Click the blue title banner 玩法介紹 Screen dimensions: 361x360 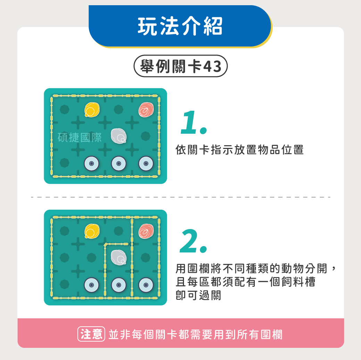point(180,26)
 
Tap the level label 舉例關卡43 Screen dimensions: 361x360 point(180,66)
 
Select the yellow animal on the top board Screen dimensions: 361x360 point(92,110)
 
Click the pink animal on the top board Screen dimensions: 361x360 point(146,110)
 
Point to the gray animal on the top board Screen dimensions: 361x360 point(119,136)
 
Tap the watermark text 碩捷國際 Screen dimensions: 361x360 point(79,137)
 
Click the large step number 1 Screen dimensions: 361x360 point(193,123)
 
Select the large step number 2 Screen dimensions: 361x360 point(193,241)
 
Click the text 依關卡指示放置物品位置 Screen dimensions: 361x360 point(240,150)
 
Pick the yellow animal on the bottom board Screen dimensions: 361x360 point(92,231)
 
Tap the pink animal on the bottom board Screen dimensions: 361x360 point(146,231)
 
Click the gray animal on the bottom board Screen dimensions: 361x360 point(119,257)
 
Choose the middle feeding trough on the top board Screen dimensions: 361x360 point(119,164)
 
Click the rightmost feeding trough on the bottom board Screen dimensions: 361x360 point(146,285)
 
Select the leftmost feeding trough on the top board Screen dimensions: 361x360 point(91,164)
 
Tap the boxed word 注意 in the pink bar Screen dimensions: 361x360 point(91,334)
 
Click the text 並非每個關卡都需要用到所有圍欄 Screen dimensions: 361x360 point(195,334)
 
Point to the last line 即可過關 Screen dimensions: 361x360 point(198,295)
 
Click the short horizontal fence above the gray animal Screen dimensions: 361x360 point(116,244)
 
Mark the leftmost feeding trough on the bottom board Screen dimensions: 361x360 point(91,285)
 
